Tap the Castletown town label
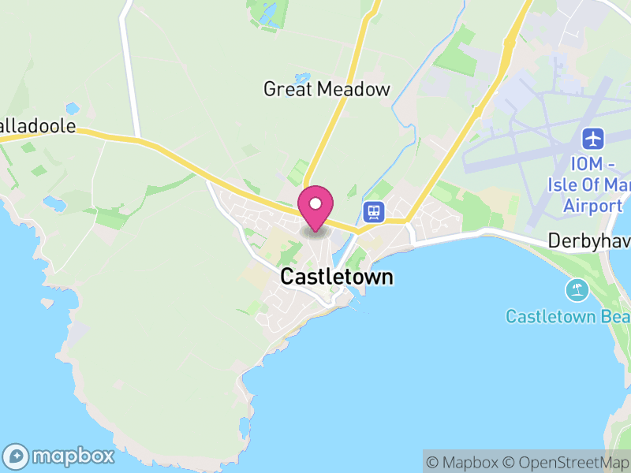(x=337, y=277)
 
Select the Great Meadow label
(x=327, y=89)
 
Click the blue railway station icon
(x=373, y=211)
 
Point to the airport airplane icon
(x=592, y=140)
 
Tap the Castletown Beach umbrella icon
(x=577, y=290)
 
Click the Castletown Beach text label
(x=568, y=317)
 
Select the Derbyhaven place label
(x=589, y=240)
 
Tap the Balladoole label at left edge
(x=38, y=126)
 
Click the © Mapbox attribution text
(x=466, y=462)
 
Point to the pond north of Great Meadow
(x=303, y=78)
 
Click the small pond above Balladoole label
(x=73, y=108)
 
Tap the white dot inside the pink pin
(x=315, y=203)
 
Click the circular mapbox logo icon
(x=17, y=456)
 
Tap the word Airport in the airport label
(x=593, y=206)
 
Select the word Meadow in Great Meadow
(x=353, y=89)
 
